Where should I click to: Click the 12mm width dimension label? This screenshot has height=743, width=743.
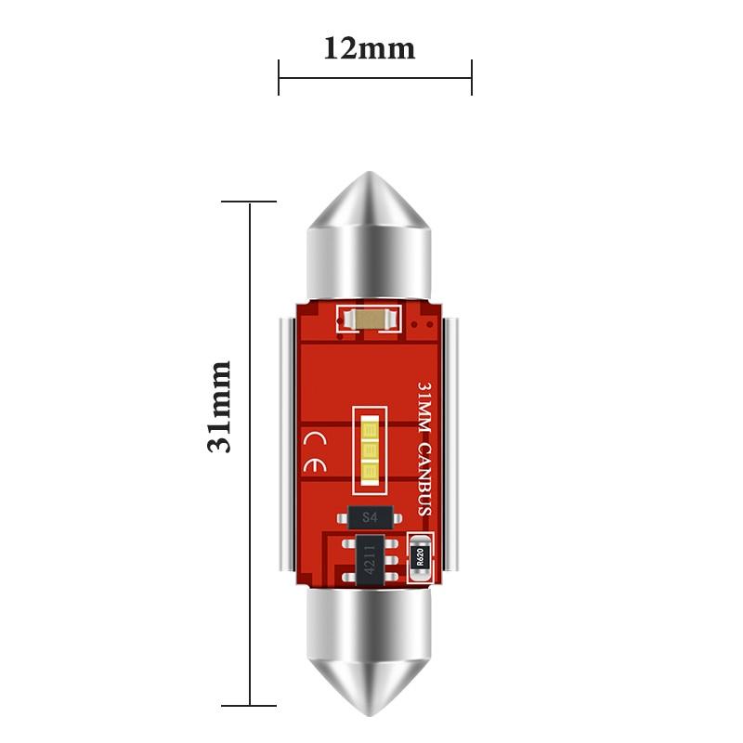point(369,47)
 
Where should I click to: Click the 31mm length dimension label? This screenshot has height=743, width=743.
point(219,406)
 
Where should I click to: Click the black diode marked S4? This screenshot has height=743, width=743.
point(371,517)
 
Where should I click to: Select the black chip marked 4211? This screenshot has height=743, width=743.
point(371,560)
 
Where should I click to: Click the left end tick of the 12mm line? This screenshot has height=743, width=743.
point(279,77)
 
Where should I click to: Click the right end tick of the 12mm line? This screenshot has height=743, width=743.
point(472,77)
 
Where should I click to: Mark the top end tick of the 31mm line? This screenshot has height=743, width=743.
point(249,202)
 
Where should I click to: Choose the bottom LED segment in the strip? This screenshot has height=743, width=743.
point(370,474)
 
